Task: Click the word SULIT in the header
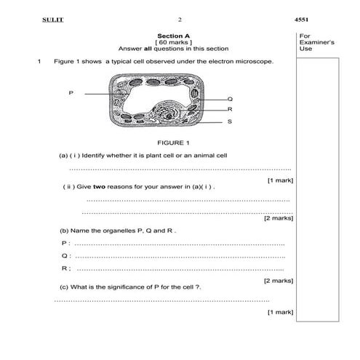(x=53, y=19)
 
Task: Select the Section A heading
(x=172, y=35)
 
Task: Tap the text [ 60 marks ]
(x=172, y=41)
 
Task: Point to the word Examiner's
(x=316, y=42)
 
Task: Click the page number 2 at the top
(x=179, y=19)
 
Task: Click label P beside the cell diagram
(x=71, y=93)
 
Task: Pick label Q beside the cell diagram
(x=230, y=98)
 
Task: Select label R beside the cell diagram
(x=230, y=109)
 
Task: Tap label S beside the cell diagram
(x=230, y=121)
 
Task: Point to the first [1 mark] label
(x=280, y=180)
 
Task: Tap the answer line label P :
(x=65, y=243)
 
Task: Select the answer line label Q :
(x=65, y=256)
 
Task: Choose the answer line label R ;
(x=65, y=268)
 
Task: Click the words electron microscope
(x=243, y=61)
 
